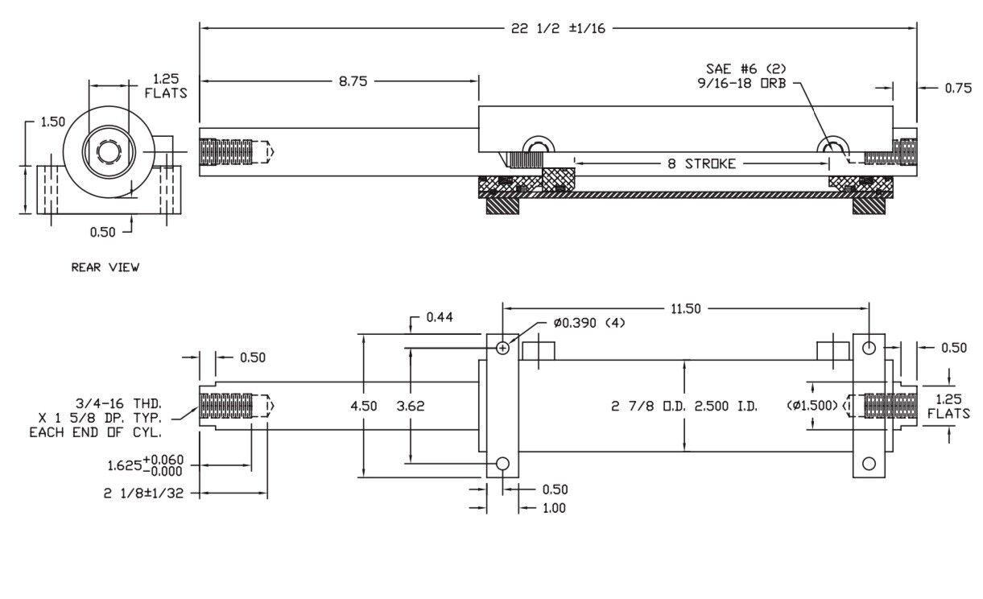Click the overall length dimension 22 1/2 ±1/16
[x=558, y=28]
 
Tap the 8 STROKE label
[x=700, y=163]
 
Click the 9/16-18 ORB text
[x=741, y=83]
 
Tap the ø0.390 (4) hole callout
[x=589, y=323]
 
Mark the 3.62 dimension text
[x=411, y=406]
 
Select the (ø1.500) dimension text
[x=814, y=404]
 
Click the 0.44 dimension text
[x=438, y=317]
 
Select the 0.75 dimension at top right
[x=958, y=89]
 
